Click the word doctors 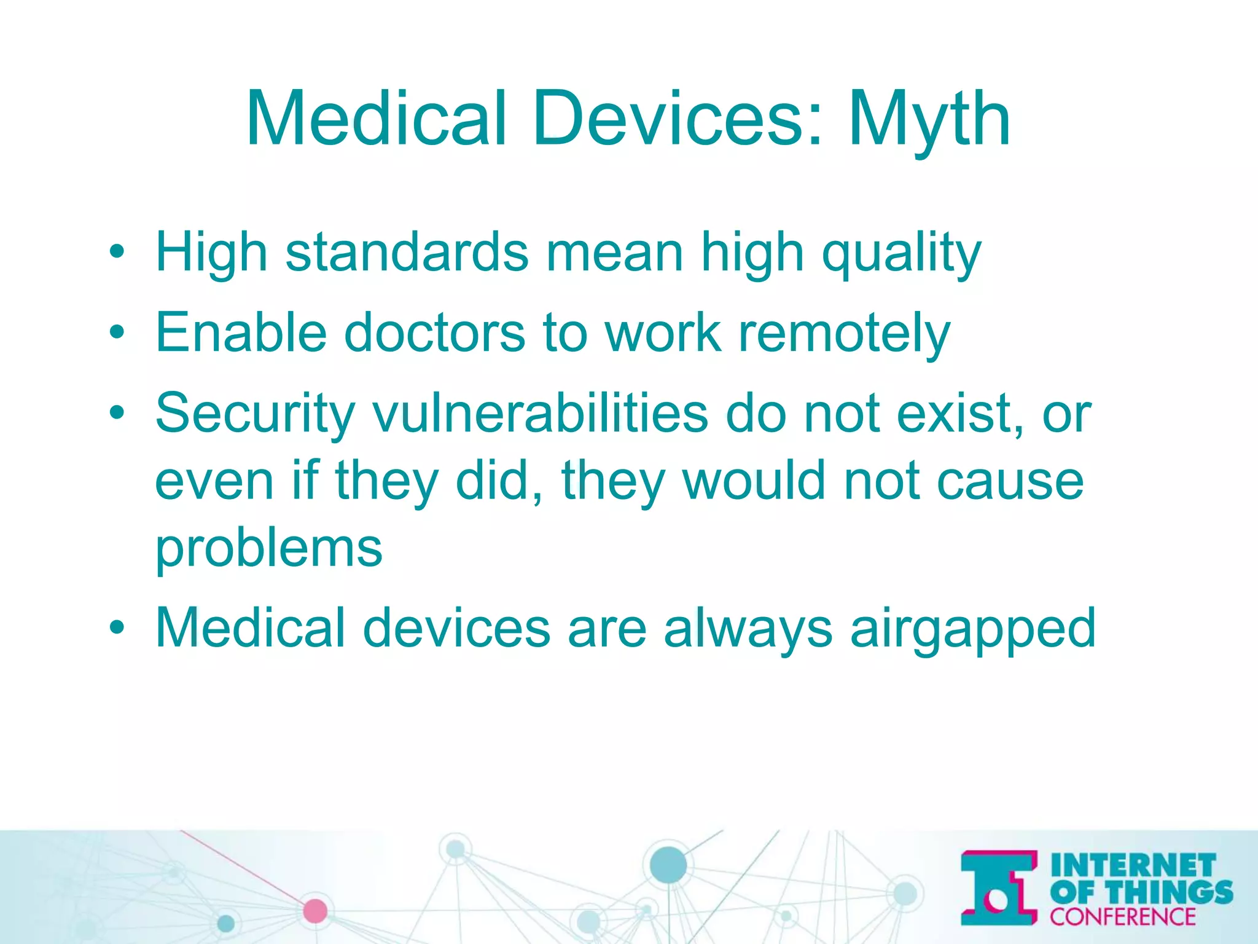pos(434,332)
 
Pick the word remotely pos(844,334)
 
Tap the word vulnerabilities pos(541,413)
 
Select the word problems pos(268,549)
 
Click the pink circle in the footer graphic pos(315,911)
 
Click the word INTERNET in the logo pos(1133,865)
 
